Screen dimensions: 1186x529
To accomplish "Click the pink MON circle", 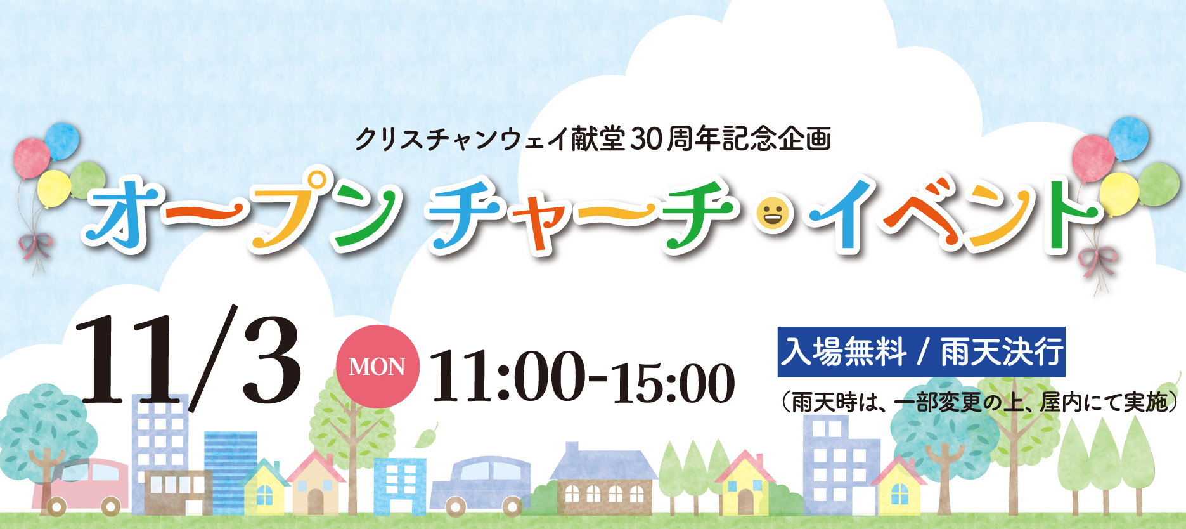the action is tap(377, 366).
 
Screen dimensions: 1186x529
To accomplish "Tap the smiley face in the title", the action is tap(772, 214).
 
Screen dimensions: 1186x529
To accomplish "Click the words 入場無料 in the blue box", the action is tap(844, 352).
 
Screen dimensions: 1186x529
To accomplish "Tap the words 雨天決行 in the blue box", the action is tap(1002, 352).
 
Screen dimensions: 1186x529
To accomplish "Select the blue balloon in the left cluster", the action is tap(62, 141).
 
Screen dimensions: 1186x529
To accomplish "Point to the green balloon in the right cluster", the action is tap(1159, 184).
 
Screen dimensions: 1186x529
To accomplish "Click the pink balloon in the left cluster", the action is tap(31, 158).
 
